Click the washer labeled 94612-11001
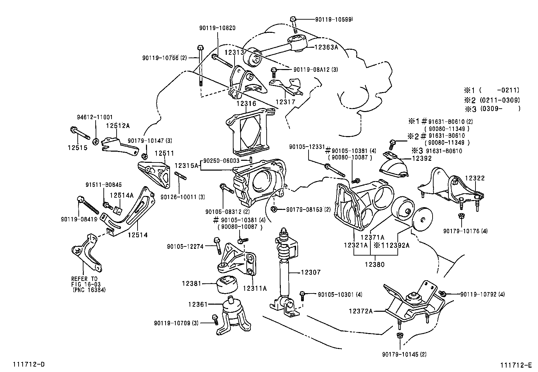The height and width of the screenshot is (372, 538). pyautogui.click(x=96, y=140)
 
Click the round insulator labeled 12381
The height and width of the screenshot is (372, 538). pyautogui.click(x=227, y=284)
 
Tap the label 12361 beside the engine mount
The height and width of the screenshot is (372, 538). pyautogui.click(x=198, y=305)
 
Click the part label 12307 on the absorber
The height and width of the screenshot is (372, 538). pyautogui.click(x=310, y=272)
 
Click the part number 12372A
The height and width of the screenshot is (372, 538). pyautogui.click(x=361, y=310)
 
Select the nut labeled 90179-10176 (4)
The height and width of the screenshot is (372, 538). pyautogui.click(x=461, y=216)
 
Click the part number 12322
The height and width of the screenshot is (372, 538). pyautogui.click(x=475, y=178)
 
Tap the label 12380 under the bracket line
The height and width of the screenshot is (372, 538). pyautogui.click(x=374, y=265)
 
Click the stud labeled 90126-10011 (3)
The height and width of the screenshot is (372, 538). pyautogui.click(x=181, y=177)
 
